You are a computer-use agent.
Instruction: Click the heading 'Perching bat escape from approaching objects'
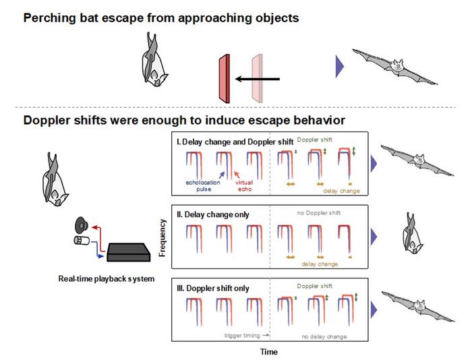(x=161, y=18)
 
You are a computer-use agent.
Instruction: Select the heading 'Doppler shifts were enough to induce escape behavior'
(x=184, y=121)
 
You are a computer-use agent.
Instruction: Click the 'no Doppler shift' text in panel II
(x=320, y=213)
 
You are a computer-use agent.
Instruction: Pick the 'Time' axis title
(x=268, y=351)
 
